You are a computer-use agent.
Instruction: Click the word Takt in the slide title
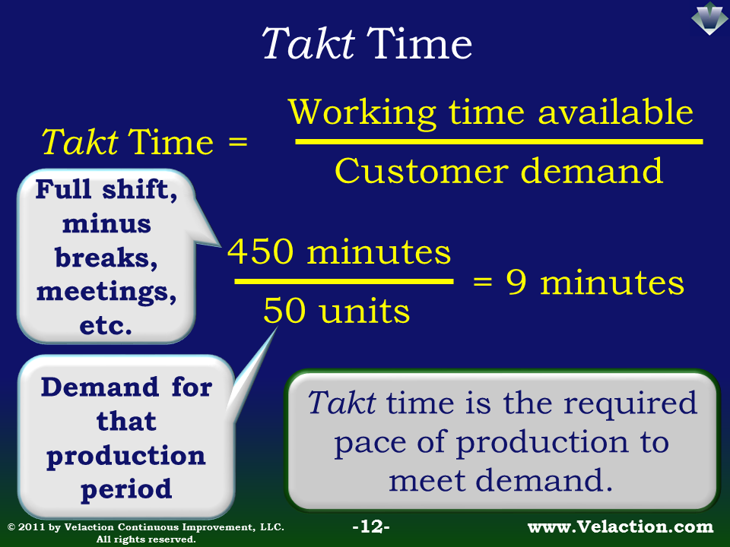pyautogui.click(x=308, y=43)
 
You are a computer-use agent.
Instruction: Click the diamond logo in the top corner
pyautogui.click(x=709, y=18)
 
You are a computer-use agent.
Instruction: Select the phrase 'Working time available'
pyautogui.click(x=490, y=112)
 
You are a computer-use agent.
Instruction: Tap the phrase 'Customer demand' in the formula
pyautogui.click(x=499, y=171)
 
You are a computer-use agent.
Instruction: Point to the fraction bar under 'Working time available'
pyautogui.click(x=499, y=141)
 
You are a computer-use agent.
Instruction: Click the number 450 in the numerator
pyautogui.click(x=260, y=251)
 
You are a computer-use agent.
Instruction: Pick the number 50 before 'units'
pyautogui.click(x=284, y=311)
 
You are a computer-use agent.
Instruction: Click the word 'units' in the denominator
pyautogui.click(x=364, y=311)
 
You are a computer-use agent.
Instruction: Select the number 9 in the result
pyautogui.click(x=517, y=282)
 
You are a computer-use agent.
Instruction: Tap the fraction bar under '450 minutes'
pyautogui.click(x=344, y=281)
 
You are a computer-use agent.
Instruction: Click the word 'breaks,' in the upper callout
pyautogui.click(x=106, y=258)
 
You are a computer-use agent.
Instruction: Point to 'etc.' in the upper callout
pyautogui.click(x=106, y=326)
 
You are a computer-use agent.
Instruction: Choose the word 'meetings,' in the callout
pyautogui.click(x=106, y=292)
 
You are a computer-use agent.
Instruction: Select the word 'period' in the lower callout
pyautogui.click(x=126, y=490)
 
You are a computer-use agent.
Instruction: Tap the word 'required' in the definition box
pyautogui.click(x=630, y=403)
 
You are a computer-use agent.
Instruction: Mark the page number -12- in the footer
pyautogui.click(x=371, y=526)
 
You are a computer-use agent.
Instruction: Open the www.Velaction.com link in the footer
pyautogui.click(x=620, y=527)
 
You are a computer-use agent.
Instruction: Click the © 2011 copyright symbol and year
pyautogui.click(x=26, y=527)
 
